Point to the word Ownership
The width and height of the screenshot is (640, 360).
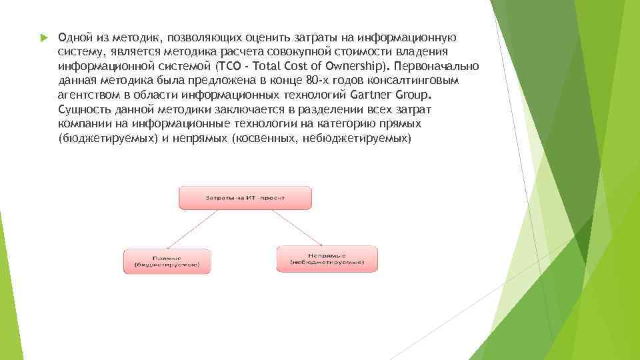point(356,66)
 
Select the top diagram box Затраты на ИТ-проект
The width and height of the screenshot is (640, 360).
point(245,198)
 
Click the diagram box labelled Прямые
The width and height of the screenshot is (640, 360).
point(167,261)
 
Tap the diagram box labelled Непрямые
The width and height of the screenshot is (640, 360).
point(327,258)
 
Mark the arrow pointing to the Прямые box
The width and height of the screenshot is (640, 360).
point(200,229)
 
